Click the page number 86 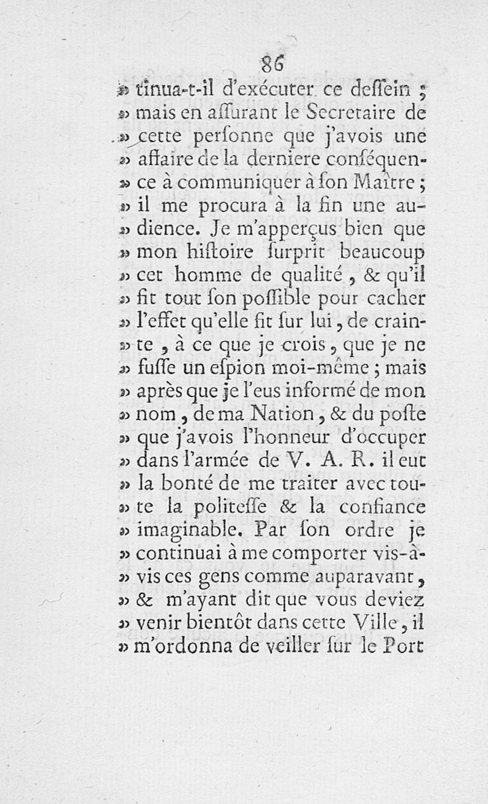[x=271, y=63]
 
